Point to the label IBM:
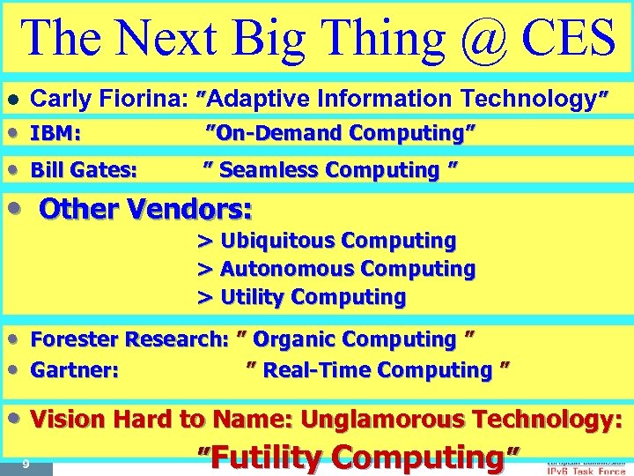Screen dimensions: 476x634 56,134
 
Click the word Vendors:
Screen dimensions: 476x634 193,210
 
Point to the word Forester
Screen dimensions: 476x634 75,339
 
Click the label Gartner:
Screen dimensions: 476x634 75,369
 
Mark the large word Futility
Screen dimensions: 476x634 269,457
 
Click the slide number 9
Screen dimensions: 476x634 26,464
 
